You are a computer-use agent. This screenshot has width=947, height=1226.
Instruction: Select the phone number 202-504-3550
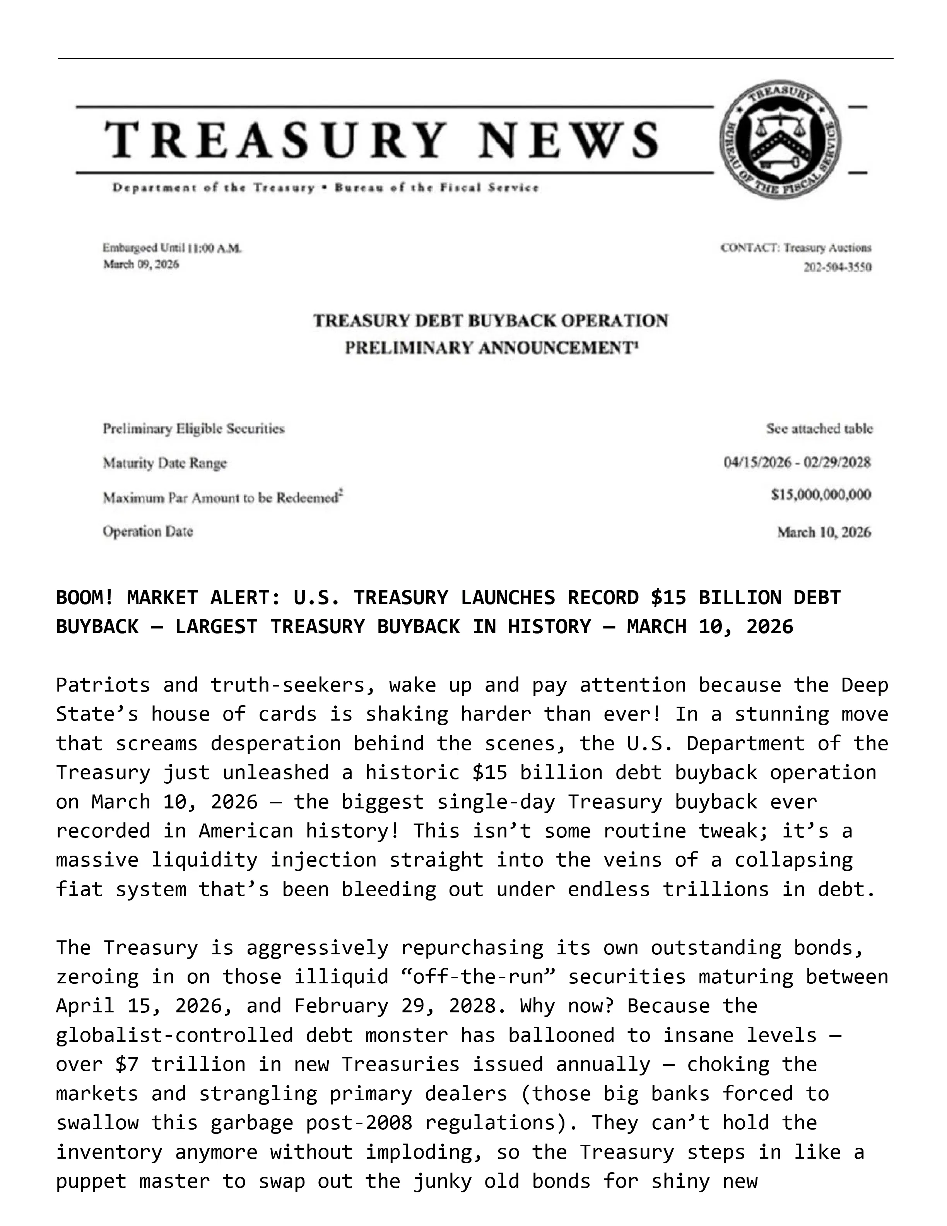[838, 267]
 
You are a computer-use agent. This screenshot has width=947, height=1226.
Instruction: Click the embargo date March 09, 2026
[141, 264]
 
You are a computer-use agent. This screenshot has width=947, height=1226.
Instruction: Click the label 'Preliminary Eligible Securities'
[193, 429]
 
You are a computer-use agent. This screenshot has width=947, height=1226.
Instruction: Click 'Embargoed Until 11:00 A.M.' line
[172, 248]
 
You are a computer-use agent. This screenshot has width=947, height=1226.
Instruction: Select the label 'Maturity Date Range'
[165, 463]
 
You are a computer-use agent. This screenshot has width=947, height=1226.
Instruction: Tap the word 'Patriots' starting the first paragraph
[103, 685]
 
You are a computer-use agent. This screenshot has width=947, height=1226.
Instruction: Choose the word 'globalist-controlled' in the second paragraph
[174, 1035]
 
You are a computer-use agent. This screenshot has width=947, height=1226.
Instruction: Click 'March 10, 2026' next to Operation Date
[824, 532]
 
